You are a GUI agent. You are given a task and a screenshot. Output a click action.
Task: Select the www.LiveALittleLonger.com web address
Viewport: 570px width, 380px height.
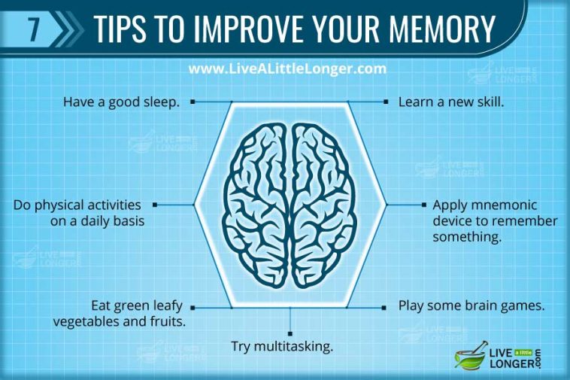287,68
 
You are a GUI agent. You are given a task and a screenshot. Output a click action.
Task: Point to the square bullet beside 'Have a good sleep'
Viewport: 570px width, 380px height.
193,101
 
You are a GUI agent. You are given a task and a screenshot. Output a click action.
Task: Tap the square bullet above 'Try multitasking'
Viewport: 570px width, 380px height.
290,333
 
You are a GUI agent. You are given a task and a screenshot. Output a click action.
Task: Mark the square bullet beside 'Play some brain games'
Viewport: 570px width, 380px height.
385,307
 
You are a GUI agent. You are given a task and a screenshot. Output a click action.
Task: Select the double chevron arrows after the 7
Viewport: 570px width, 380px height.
69,29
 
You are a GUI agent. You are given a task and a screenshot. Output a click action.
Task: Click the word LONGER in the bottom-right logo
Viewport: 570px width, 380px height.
511,366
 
